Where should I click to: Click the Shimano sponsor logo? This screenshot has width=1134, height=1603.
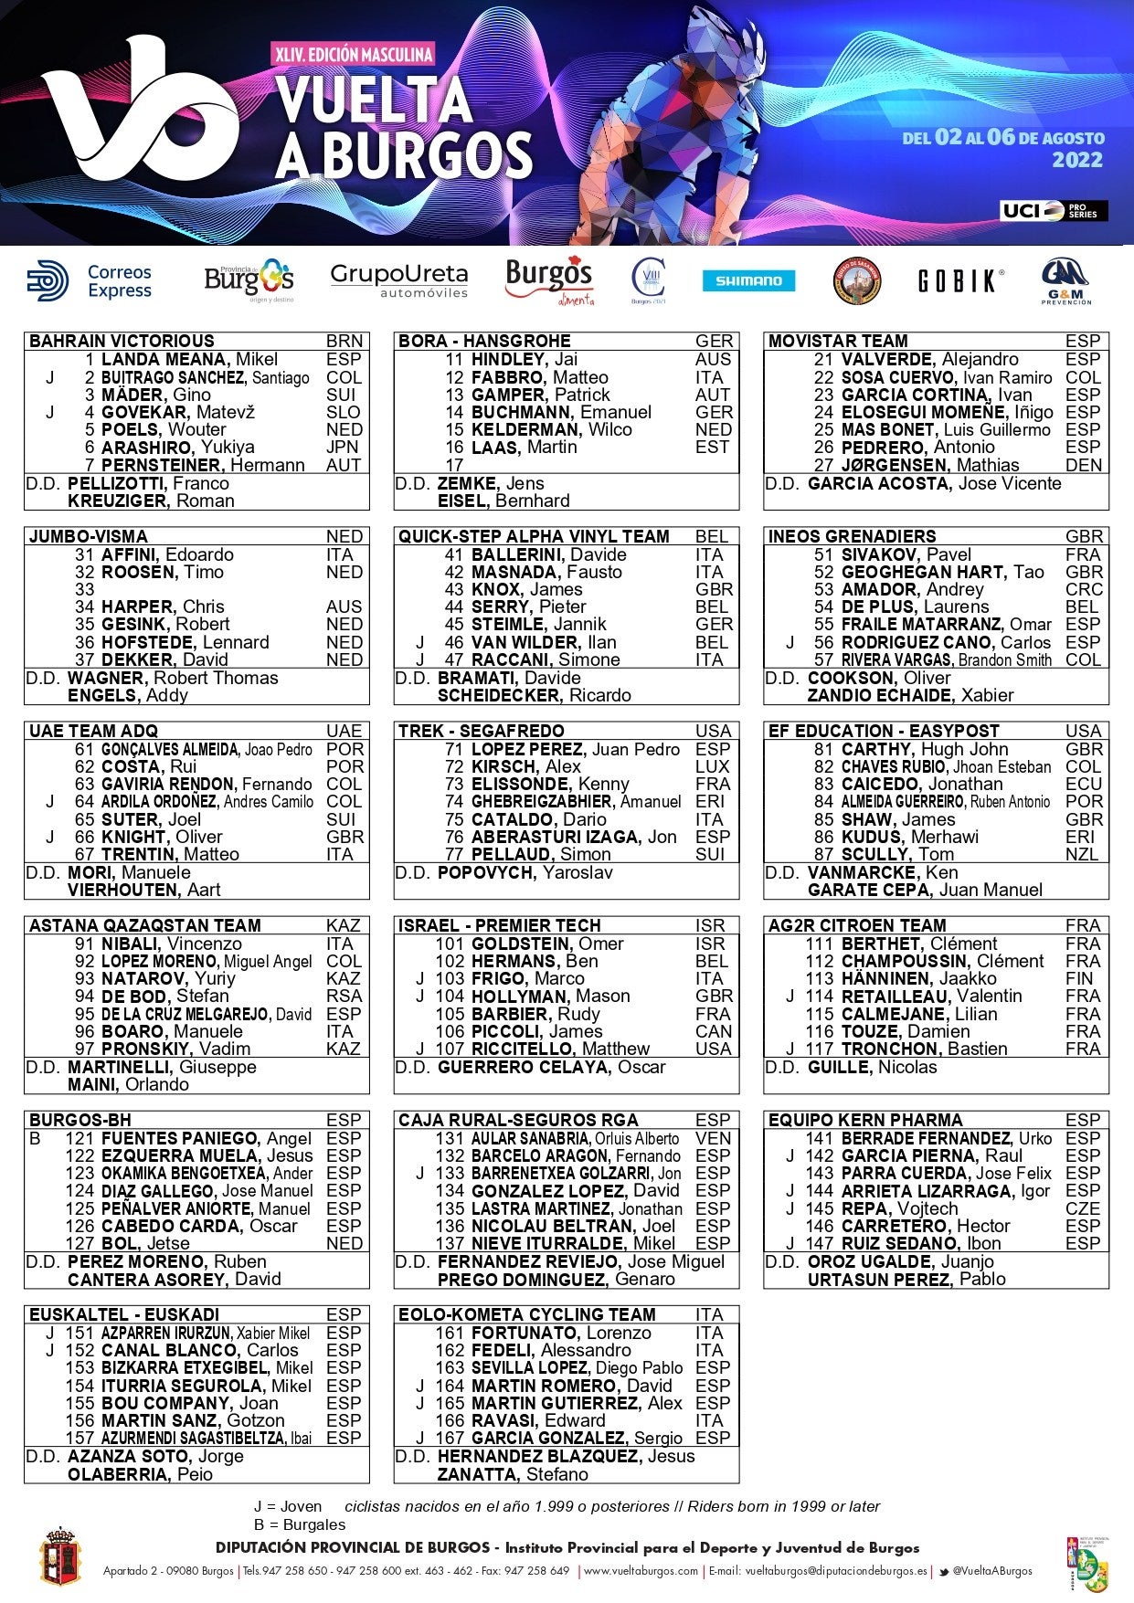coord(748,281)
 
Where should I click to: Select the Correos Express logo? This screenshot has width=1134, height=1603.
coord(90,281)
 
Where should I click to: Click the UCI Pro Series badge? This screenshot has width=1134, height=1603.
coord(1054,211)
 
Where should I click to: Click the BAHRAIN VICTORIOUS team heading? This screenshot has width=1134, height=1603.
coord(122,342)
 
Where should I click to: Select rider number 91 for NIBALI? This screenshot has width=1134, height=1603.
coord(85,944)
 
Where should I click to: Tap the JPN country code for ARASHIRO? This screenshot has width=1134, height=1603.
coord(343,448)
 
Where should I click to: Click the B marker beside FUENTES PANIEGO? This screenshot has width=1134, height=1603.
coord(36,1139)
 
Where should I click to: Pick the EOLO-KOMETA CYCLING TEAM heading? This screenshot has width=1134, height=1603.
coord(526,1315)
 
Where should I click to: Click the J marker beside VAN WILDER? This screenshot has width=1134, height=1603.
coord(420,643)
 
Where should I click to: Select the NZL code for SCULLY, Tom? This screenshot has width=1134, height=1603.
coord(1082,855)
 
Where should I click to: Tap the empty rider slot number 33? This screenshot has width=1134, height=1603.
coord(85,590)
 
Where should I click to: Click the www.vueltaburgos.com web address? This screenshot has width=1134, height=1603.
coord(641,1571)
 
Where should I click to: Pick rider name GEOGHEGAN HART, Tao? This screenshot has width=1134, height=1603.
coord(942,573)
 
